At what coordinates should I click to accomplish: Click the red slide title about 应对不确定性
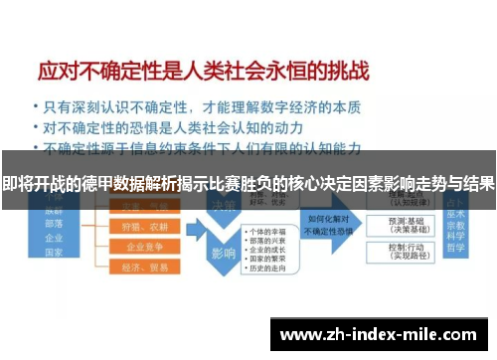[x=204, y=73]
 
